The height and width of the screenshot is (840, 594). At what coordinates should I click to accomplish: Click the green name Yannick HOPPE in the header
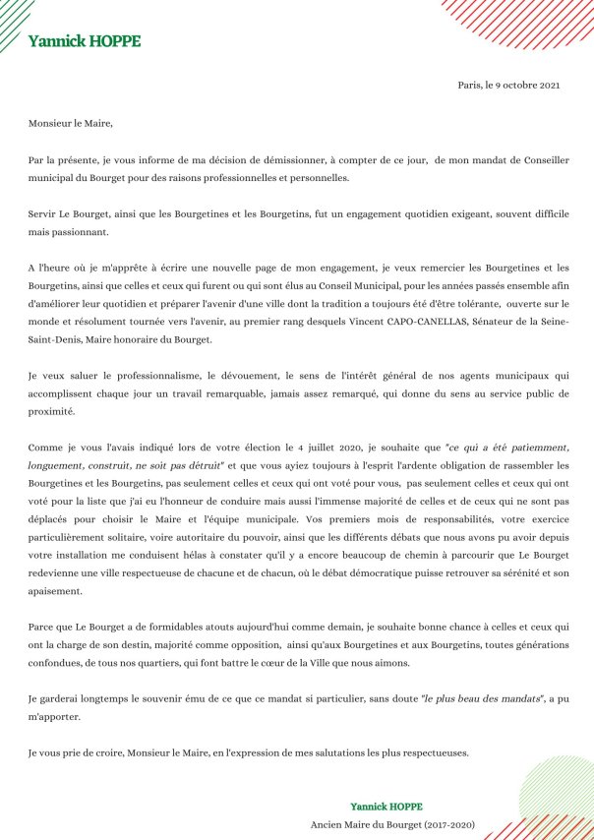pyautogui.click(x=85, y=41)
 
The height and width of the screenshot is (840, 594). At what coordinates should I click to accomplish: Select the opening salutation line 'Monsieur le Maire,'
pyautogui.click(x=71, y=124)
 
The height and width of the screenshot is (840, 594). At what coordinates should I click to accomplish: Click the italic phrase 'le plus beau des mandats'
pyautogui.click(x=482, y=697)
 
